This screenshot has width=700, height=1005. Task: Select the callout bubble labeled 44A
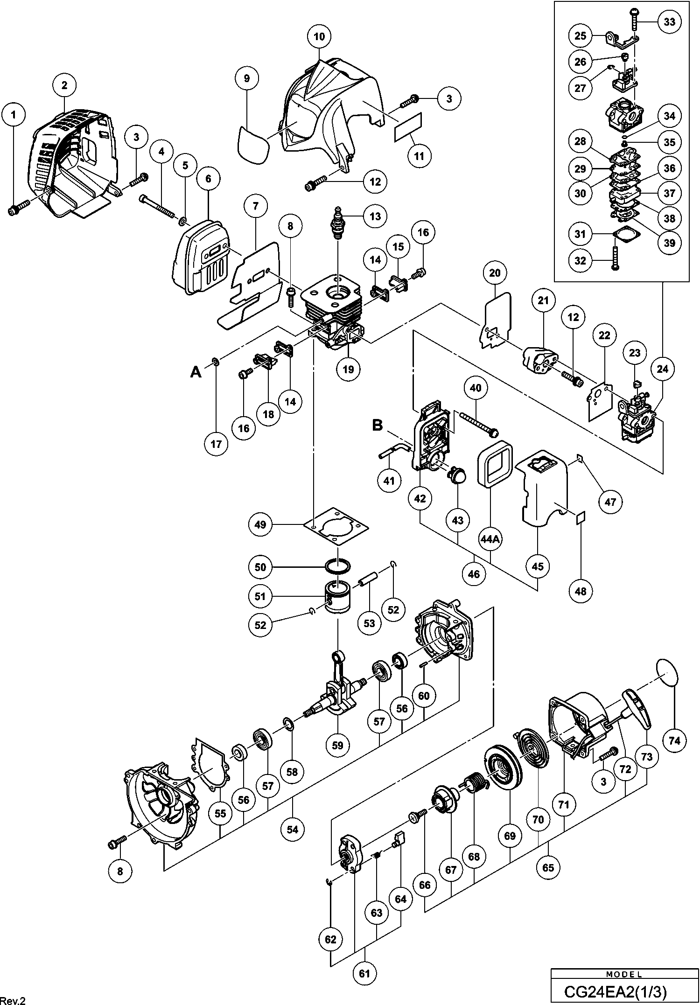click(x=490, y=539)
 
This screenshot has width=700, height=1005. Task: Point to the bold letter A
click(x=196, y=371)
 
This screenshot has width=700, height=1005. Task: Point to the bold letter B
click(x=377, y=425)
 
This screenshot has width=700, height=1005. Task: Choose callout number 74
click(x=674, y=740)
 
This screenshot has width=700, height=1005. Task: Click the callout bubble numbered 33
click(x=669, y=22)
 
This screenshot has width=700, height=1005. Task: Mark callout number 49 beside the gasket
click(x=260, y=524)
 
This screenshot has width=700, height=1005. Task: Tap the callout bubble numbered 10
click(x=319, y=36)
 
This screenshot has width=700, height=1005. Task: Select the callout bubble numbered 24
click(x=663, y=369)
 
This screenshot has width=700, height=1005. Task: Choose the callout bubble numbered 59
click(x=337, y=745)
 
